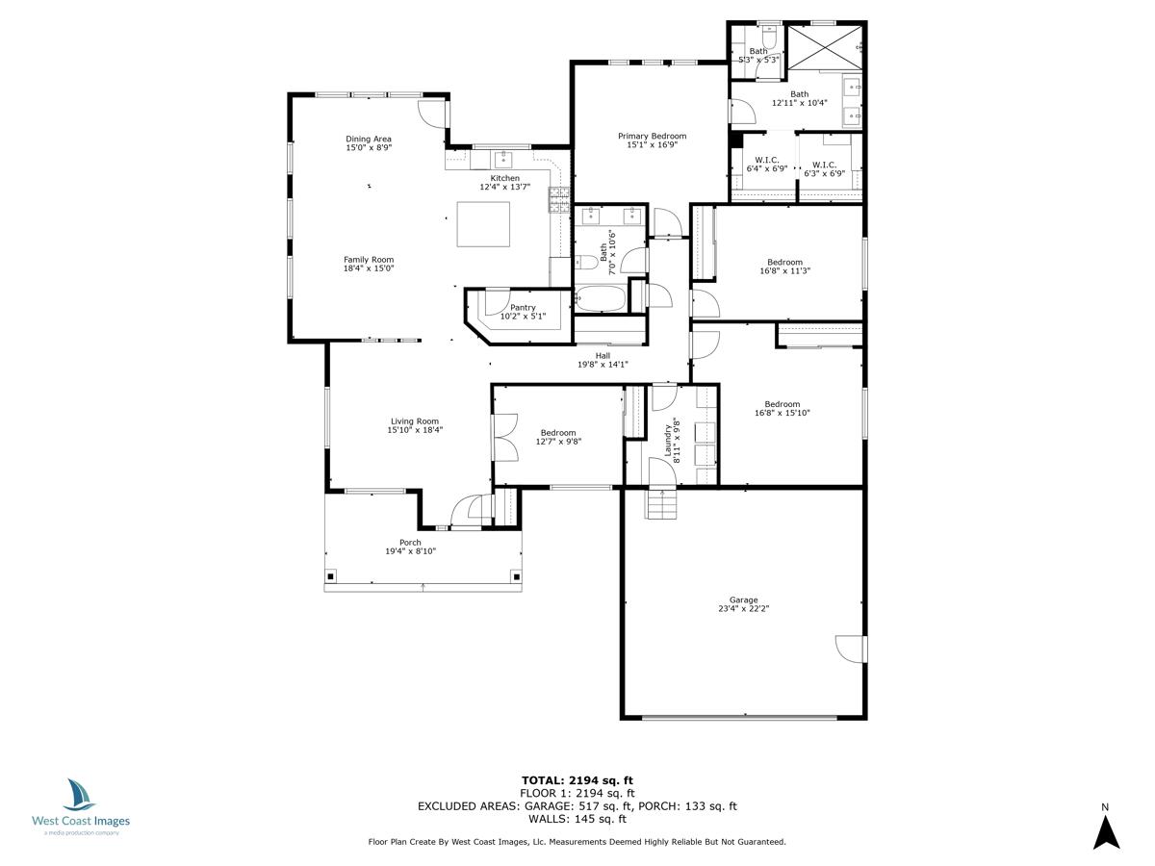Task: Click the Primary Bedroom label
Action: point(652,137)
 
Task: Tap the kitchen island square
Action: point(483,224)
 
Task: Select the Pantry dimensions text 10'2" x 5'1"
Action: point(523,317)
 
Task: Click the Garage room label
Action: point(743,599)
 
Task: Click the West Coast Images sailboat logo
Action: point(80,796)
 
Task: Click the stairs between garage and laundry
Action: point(662,504)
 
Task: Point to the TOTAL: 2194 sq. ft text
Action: point(577,780)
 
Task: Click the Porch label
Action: point(410,542)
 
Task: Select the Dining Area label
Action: point(369,140)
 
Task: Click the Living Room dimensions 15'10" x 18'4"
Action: point(415,430)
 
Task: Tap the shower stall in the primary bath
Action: point(826,44)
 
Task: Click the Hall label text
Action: point(603,355)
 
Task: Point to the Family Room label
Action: point(369,260)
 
